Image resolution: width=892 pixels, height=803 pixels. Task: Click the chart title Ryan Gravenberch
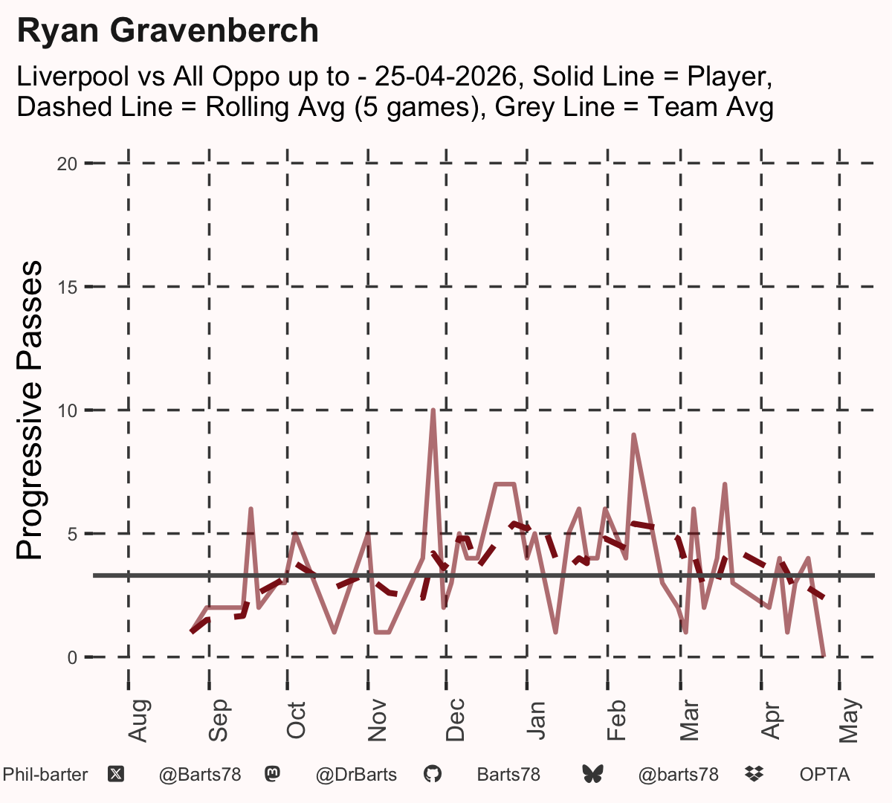(168, 30)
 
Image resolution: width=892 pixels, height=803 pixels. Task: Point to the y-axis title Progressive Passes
(29, 410)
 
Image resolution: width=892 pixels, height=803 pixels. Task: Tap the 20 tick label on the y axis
(67, 164)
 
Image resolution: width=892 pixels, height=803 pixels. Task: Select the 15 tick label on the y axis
(67, 288)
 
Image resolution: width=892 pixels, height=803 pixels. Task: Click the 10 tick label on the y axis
(67, 410)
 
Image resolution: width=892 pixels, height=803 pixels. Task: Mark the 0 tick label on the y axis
(72, 657)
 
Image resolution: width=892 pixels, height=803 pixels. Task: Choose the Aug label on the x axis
(138, 720)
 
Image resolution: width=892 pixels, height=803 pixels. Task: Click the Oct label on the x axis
(296, 720)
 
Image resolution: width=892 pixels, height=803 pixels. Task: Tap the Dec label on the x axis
(455, 720)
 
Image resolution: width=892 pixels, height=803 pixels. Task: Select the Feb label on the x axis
(616, 720)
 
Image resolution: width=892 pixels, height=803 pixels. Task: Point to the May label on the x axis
(850, 720)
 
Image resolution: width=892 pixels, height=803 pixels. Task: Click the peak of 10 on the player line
(433, 410)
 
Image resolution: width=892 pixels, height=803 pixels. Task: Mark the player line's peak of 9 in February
(633, 435)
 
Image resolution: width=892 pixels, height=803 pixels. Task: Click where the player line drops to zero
(824, 656)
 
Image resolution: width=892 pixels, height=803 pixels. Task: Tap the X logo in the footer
(116, 775)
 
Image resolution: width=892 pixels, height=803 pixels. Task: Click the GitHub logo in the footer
(433, 775)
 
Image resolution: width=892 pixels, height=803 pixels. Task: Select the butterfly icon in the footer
(592, 775)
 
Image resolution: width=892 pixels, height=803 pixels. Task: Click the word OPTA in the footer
(825, 775)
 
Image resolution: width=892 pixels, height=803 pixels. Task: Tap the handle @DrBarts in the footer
(356, 775)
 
